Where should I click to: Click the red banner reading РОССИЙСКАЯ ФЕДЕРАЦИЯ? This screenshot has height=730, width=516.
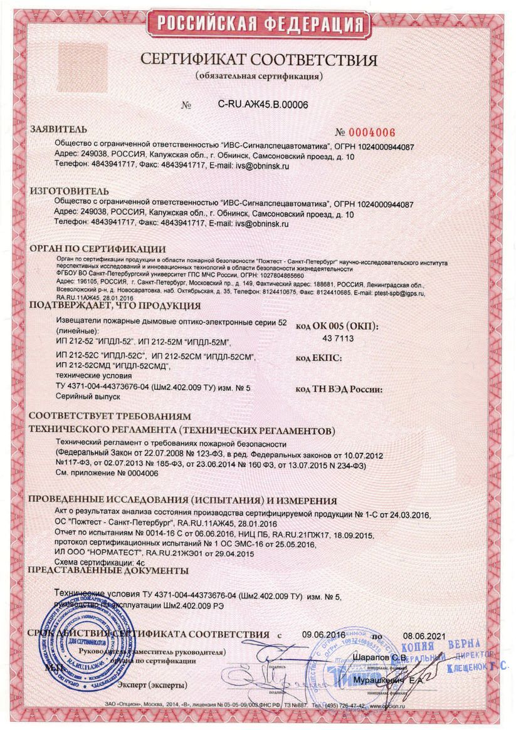point(258,24)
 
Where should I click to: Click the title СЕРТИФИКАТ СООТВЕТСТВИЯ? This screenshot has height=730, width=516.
point(258,60)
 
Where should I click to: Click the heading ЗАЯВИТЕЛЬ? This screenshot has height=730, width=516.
point(60,130)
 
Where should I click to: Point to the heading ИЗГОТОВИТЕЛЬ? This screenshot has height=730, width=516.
point(70,190)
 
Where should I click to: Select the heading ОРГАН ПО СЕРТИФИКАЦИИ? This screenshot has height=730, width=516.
point(98,249)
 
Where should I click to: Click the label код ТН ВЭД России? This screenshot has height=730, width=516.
point(339,389)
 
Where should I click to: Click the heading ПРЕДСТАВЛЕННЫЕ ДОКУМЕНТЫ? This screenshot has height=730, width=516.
point(109,571)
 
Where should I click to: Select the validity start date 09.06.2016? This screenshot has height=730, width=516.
point(328,634)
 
